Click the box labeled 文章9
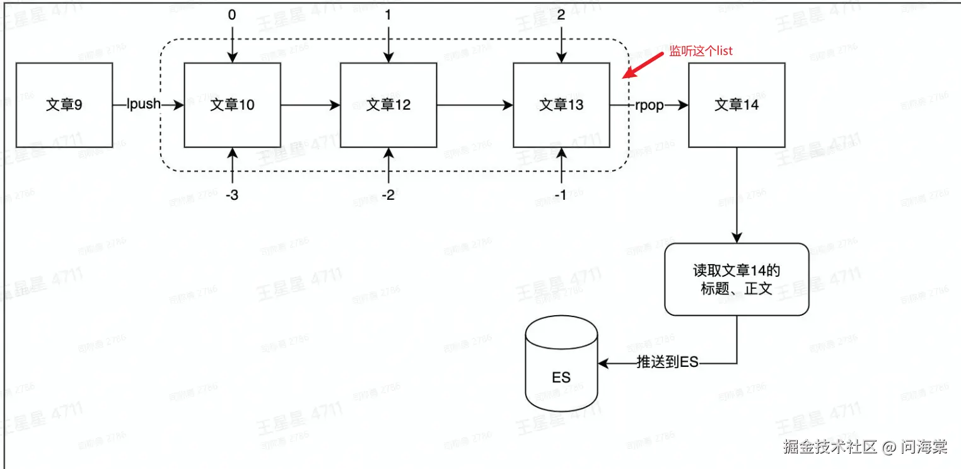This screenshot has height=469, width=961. pyautogui.click(x=64, y=105)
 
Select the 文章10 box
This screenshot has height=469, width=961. pyautogui.click(x=232, y=105)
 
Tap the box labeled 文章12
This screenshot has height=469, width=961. pyautogui.click(x=388, y=105)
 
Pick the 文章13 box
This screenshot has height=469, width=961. pyautogui.click(x=561, y=105)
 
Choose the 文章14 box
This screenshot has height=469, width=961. pyautogui.click(x=737, y=105)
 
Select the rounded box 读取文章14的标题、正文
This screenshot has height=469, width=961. pyautogui.click(x=737, y=279)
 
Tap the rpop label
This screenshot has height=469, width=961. pyautogui.click(x=649, y=105)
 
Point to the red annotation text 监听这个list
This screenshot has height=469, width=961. pyautogui.click(x=701, y=51)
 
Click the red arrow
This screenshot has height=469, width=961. pyautogui.click(x=643, y=65)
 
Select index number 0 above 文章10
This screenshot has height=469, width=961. pyautogui.click(x=232, y=15)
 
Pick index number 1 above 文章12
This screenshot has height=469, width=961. pyautogui.click(x=388, y=15)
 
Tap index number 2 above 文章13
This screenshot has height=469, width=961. pyautogui.click(x=561, y=15)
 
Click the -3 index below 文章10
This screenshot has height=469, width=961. pyautogui.click(x=232, y=195)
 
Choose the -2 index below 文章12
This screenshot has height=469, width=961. pyautogui.click(x=388, y=195)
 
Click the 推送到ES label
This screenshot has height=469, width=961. pyautogui.click(x=667, y=362)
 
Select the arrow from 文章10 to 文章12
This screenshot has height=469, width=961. pyautogui.click(x=310, y=105)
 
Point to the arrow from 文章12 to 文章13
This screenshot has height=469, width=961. pyautogui.click(x=475, y=105)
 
